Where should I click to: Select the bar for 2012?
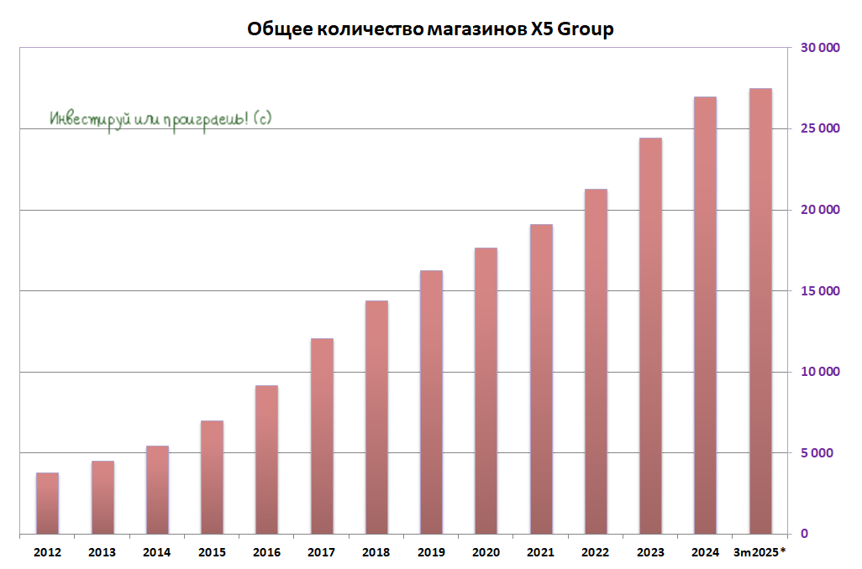47,504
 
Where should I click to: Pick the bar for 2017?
322,436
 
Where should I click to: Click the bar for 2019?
431,402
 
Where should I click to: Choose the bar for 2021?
541,378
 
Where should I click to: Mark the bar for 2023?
650,336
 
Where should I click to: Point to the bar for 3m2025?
760,311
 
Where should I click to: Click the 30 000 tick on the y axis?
819,48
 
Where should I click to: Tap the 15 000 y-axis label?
819,291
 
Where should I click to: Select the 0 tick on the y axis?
803,535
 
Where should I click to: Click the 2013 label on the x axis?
102,552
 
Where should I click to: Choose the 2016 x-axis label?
266,552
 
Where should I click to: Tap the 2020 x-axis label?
486,552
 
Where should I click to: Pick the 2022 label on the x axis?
596,552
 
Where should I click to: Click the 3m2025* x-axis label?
760,552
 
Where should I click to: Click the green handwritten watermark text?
160,119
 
